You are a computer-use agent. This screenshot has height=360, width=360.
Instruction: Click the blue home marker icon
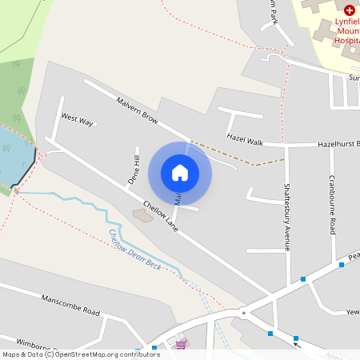[x=180, y=172]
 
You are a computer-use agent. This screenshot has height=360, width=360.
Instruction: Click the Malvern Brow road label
[x=138, y=110]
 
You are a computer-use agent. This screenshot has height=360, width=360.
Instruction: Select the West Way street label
[x=78, y=121]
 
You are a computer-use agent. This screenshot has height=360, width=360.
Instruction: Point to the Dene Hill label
[x=134, y=170]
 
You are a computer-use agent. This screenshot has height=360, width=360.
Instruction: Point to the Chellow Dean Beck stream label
[x=135, y=250]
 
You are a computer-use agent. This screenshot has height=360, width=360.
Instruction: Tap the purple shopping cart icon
[x=182, y=346]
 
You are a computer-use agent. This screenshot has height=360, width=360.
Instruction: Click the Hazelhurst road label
[x=337, y=144]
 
